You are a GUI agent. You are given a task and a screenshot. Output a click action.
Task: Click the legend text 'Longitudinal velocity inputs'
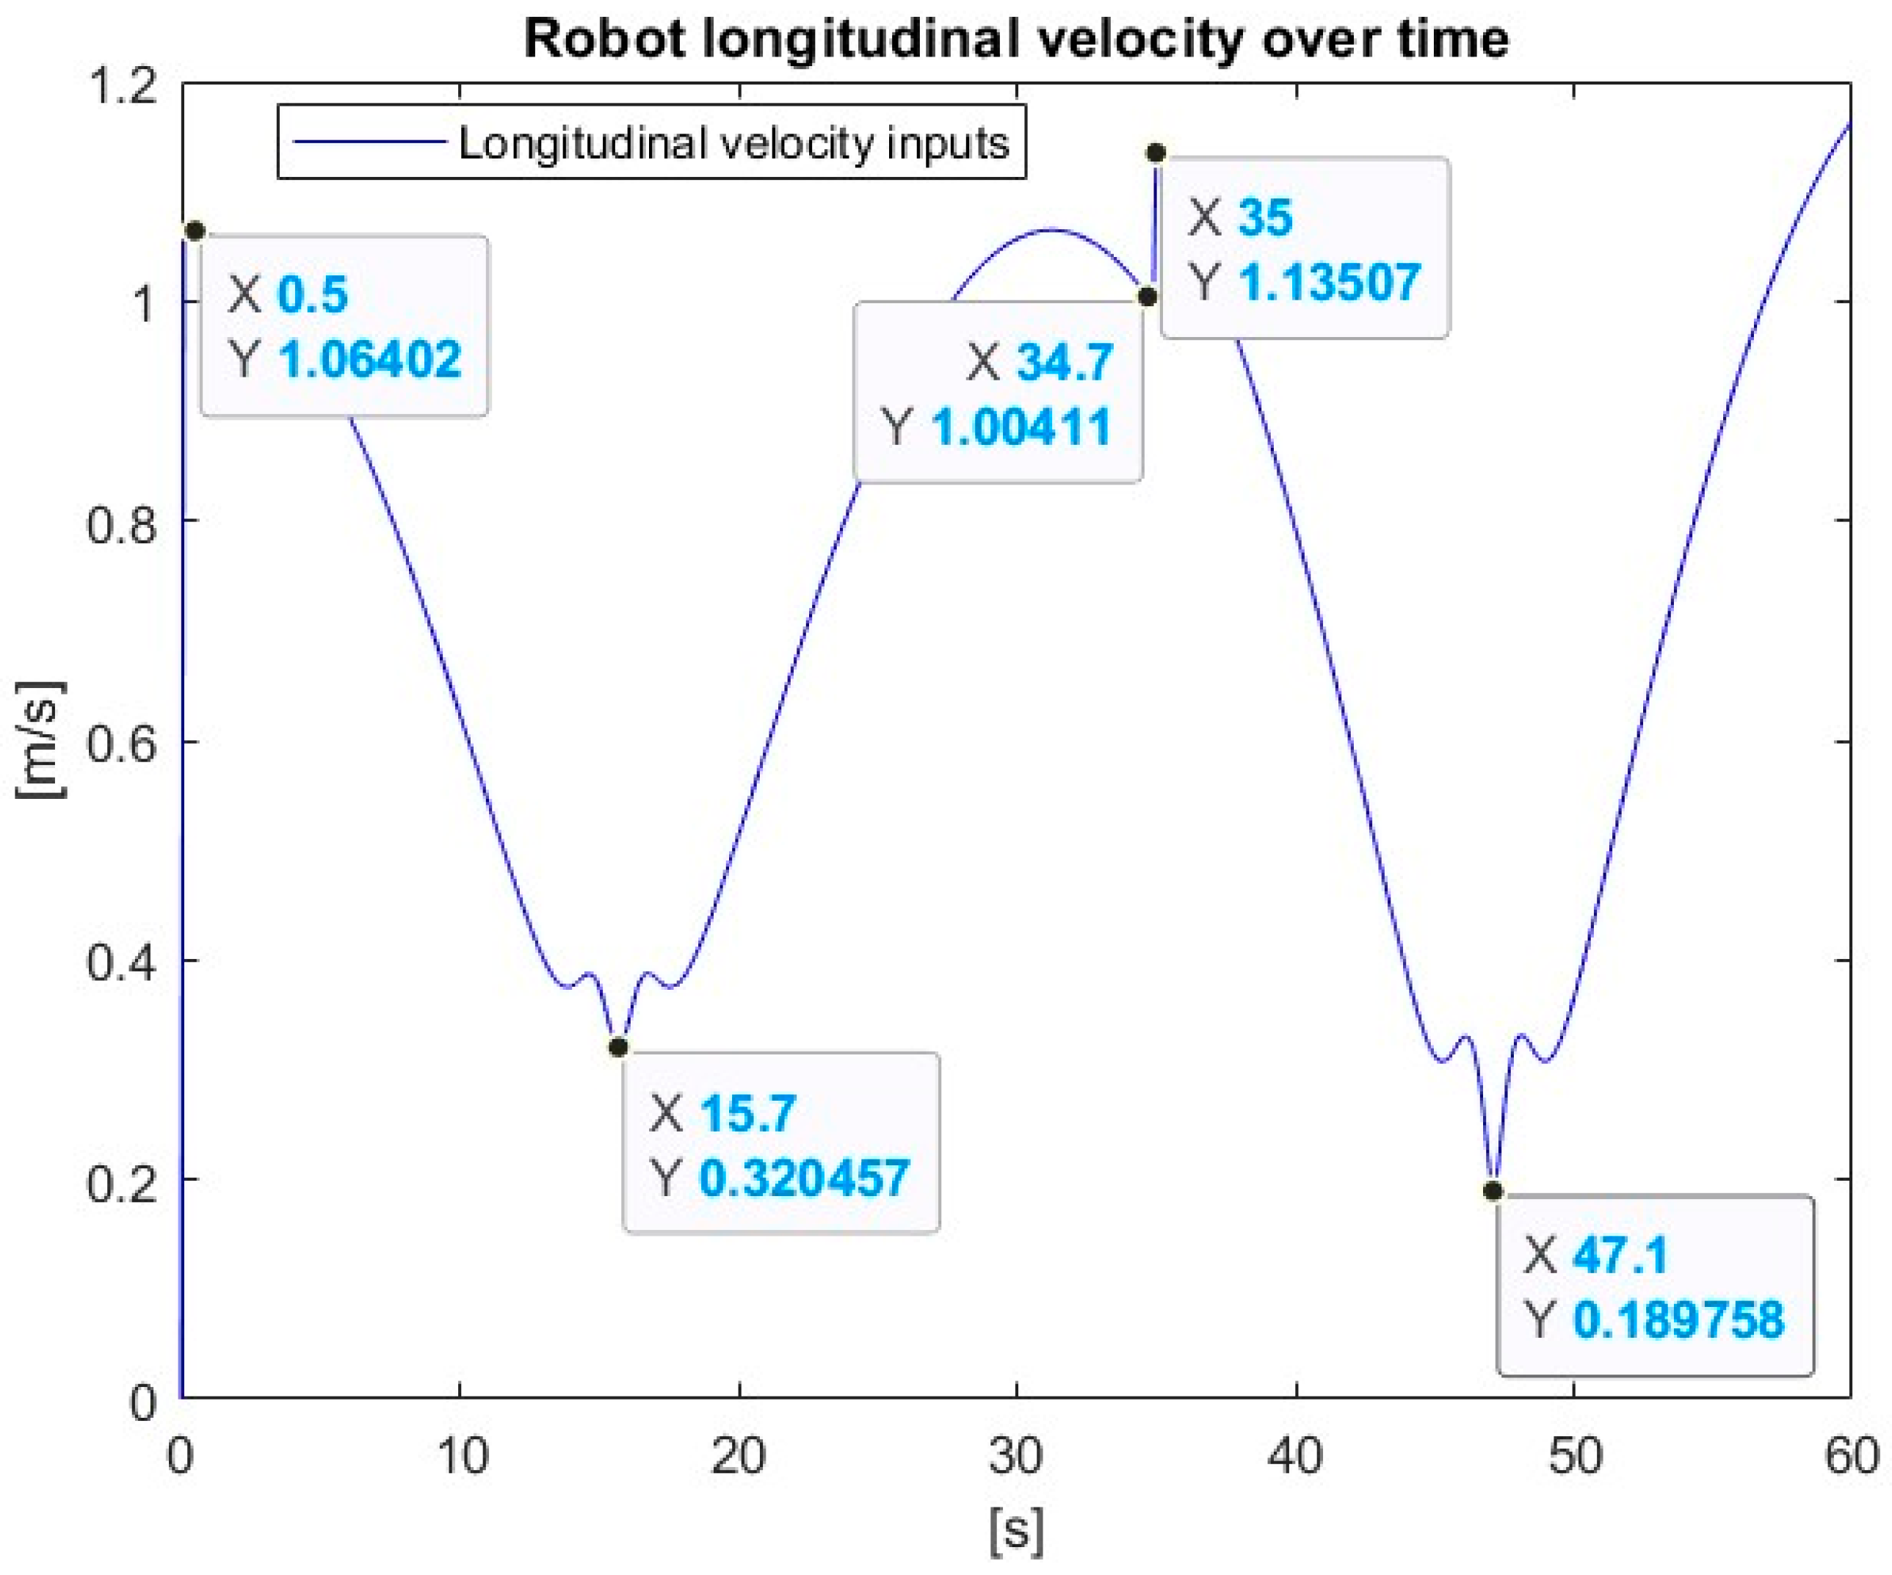click(733, 143)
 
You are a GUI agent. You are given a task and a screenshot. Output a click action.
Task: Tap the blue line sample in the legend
click(370, 142)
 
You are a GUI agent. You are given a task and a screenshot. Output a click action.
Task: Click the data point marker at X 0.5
click(195, 231)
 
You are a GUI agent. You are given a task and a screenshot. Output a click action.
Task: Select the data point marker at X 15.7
click(618, 1047)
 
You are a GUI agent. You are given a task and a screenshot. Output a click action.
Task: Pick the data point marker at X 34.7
click(1147, 297)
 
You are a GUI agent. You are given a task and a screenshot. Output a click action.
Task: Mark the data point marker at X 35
click(1156, 153)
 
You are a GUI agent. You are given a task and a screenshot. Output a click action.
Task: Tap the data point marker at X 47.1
click(1493, 1191)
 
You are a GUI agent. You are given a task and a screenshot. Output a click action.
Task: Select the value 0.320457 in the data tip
click(805, 1178)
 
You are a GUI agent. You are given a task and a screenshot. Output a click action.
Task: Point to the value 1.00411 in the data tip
click(1021, 427)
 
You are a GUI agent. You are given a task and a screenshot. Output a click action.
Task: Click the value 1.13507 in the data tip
click(1330, 282)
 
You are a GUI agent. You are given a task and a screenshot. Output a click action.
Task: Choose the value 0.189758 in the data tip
click(1678, 1320)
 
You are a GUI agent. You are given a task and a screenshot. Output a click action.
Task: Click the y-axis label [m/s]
click(40, 739)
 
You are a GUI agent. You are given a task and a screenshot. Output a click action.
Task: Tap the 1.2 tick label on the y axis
click(120, 87)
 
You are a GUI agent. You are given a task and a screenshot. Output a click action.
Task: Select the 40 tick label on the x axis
click(1296, 1457)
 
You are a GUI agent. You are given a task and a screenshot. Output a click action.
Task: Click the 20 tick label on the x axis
click(739, 1457)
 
